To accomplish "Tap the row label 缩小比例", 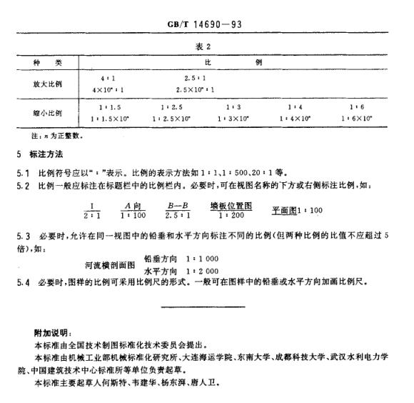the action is coord(46,113).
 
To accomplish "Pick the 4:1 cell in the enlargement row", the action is coord(108,76).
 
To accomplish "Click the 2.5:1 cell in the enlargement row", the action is coord(194,76).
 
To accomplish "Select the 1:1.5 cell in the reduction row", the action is coord(109,106).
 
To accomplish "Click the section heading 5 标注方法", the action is coord(39,154).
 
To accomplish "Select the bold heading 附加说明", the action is coord(51,333).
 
